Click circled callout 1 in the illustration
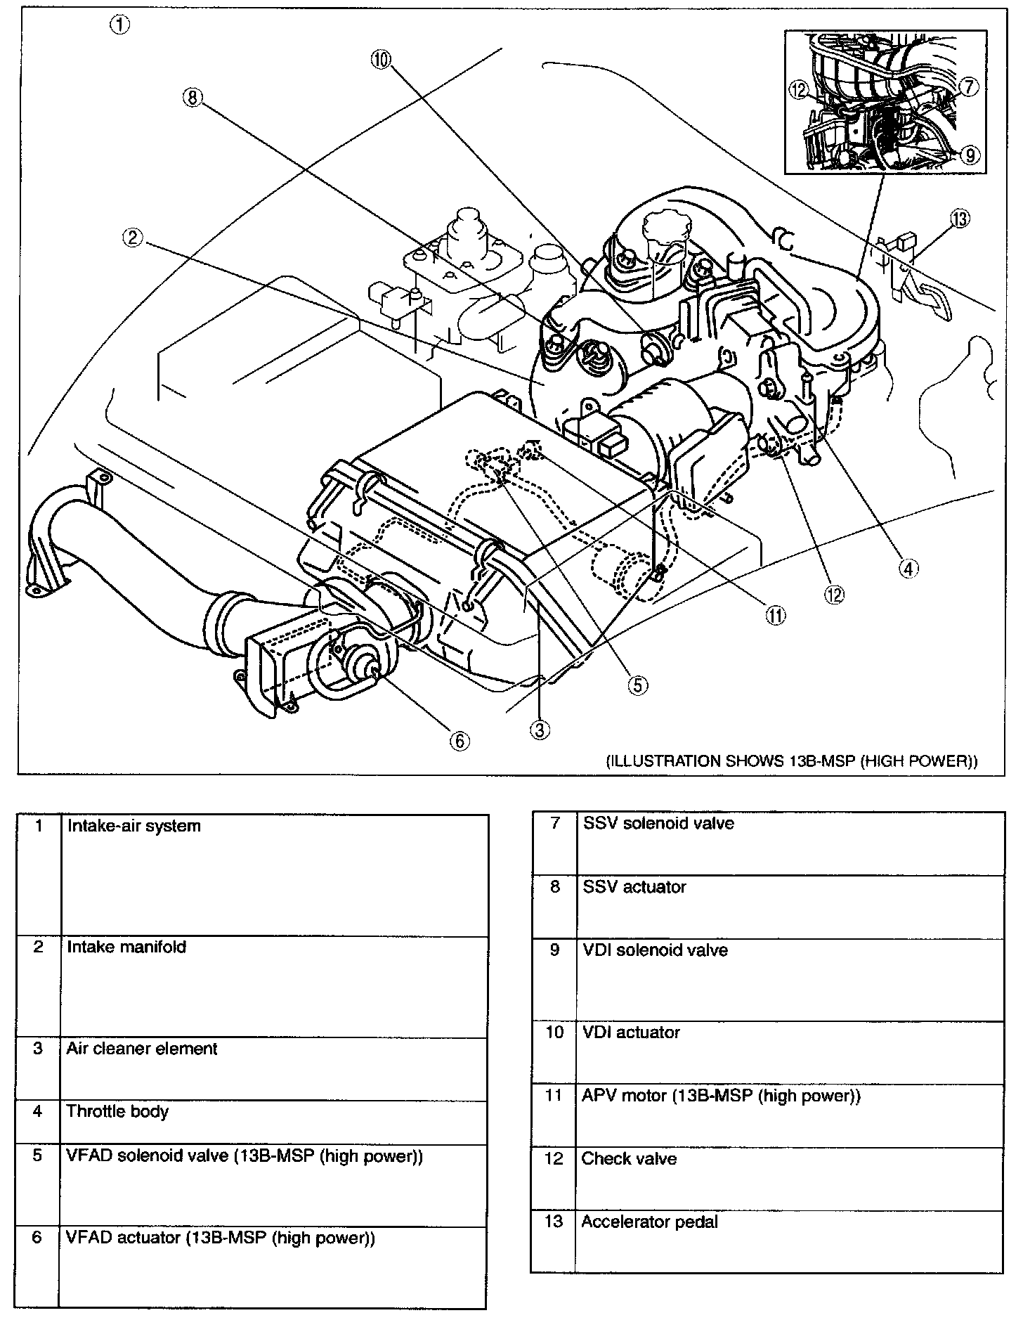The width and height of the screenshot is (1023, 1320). tap(119, 25)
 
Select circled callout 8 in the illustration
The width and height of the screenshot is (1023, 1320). tap(192, 98)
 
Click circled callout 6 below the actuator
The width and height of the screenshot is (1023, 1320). tap(458, 740)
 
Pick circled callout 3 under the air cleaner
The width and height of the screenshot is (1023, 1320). tap(540, 730)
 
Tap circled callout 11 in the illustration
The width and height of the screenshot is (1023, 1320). tap(775, 616)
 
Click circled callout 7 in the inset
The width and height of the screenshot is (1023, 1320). tap(968, 86)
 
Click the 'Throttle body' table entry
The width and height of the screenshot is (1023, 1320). tap(117, 1111)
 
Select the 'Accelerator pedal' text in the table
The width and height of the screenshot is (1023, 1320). tap(649, 1222)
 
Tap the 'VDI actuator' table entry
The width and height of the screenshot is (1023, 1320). tap(631, 1033)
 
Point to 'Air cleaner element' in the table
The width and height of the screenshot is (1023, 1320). tap(142, 1049)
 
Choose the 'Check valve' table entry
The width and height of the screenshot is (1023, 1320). tap(629, 1158)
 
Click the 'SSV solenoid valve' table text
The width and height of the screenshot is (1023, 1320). tap(658, 823)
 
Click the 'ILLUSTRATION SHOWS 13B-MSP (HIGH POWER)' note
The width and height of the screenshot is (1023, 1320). tap(791, 761)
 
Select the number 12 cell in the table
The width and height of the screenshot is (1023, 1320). tap(554, 1158)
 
